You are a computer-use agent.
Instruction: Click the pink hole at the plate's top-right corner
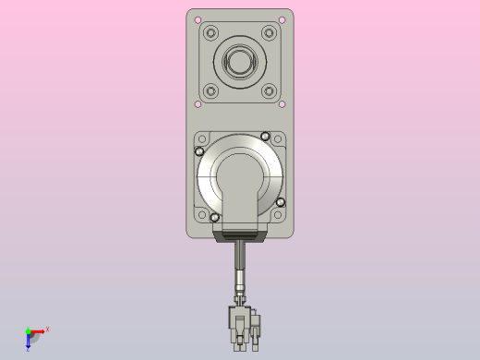point(282,19)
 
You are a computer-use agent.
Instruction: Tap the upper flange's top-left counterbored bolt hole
point(211,33)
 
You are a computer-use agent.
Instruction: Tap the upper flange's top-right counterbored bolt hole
point(269,33)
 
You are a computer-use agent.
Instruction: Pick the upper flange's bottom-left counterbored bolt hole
point(211,90)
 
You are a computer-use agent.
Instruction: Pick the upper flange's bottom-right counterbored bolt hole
point(269,90)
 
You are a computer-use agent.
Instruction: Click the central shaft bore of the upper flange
point(240,62)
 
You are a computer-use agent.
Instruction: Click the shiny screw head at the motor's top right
point(265,137)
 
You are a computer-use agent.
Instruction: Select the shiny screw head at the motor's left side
point(199,151)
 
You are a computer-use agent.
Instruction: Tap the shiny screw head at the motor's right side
point(281,201)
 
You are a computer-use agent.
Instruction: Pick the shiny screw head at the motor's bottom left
point(215,217)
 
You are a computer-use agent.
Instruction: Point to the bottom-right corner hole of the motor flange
point(279,215)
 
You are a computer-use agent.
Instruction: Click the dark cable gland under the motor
point(240,236)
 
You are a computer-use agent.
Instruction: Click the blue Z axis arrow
point(29,343)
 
